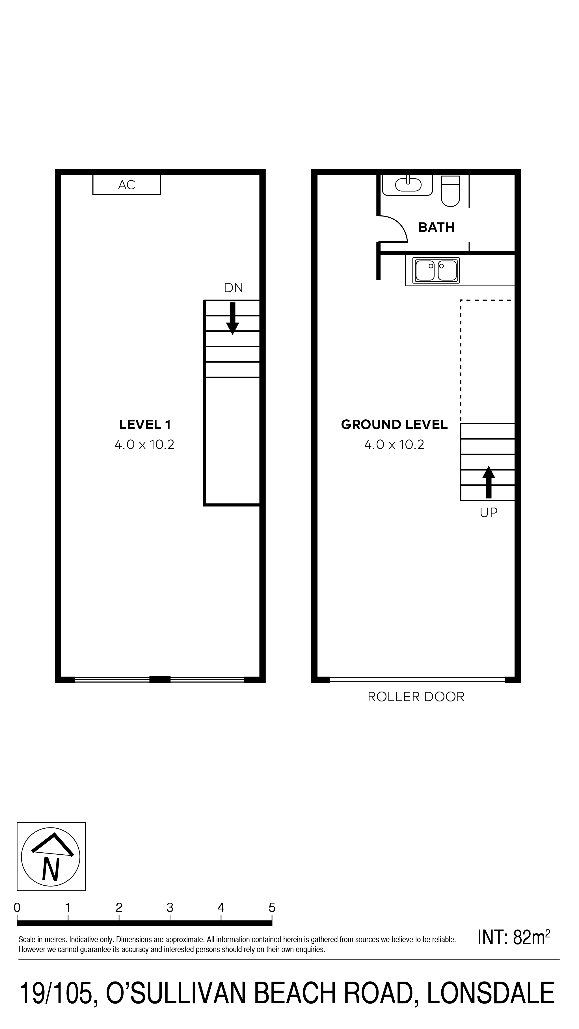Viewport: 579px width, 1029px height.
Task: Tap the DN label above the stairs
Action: pyautogui.click(x=233, y=288)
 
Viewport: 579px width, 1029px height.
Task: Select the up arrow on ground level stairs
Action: pyautogui.click(x=488, y=482)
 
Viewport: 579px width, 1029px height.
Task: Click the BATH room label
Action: pyautogui.click(x=436, y=227)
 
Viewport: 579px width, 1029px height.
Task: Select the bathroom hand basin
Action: pyautogui.click(x=408, y=185)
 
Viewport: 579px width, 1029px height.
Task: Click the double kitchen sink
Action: pyautogui.click(x=436, y=270)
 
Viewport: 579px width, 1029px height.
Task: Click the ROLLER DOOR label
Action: pyautogui.click(x=416, y=697)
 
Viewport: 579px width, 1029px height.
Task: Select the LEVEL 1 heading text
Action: pyautogui.click(x=145, y=424)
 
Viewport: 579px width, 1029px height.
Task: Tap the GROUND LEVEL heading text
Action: pyautogui.click(x=394, y=424)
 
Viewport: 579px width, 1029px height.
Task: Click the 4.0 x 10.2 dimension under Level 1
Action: pyautogui.click(x=145, y=445)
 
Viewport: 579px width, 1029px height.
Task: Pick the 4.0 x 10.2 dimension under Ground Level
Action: pyautogui.click(x=394, y=445)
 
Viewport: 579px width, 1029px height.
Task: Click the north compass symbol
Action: pyautogui.click(x=51, y=856)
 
